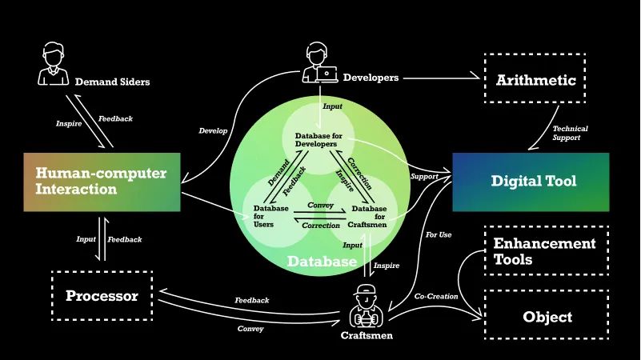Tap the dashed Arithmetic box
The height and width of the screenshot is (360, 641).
[x=535, y=80]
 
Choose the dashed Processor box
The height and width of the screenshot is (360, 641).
[x=102, y=296]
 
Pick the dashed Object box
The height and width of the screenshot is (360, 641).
[x=547, y=317]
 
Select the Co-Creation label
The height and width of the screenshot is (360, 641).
[x=436, y=297]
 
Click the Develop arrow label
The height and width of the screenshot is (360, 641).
[x=213, y=130]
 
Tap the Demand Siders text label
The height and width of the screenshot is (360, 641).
[x=112, y=82]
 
